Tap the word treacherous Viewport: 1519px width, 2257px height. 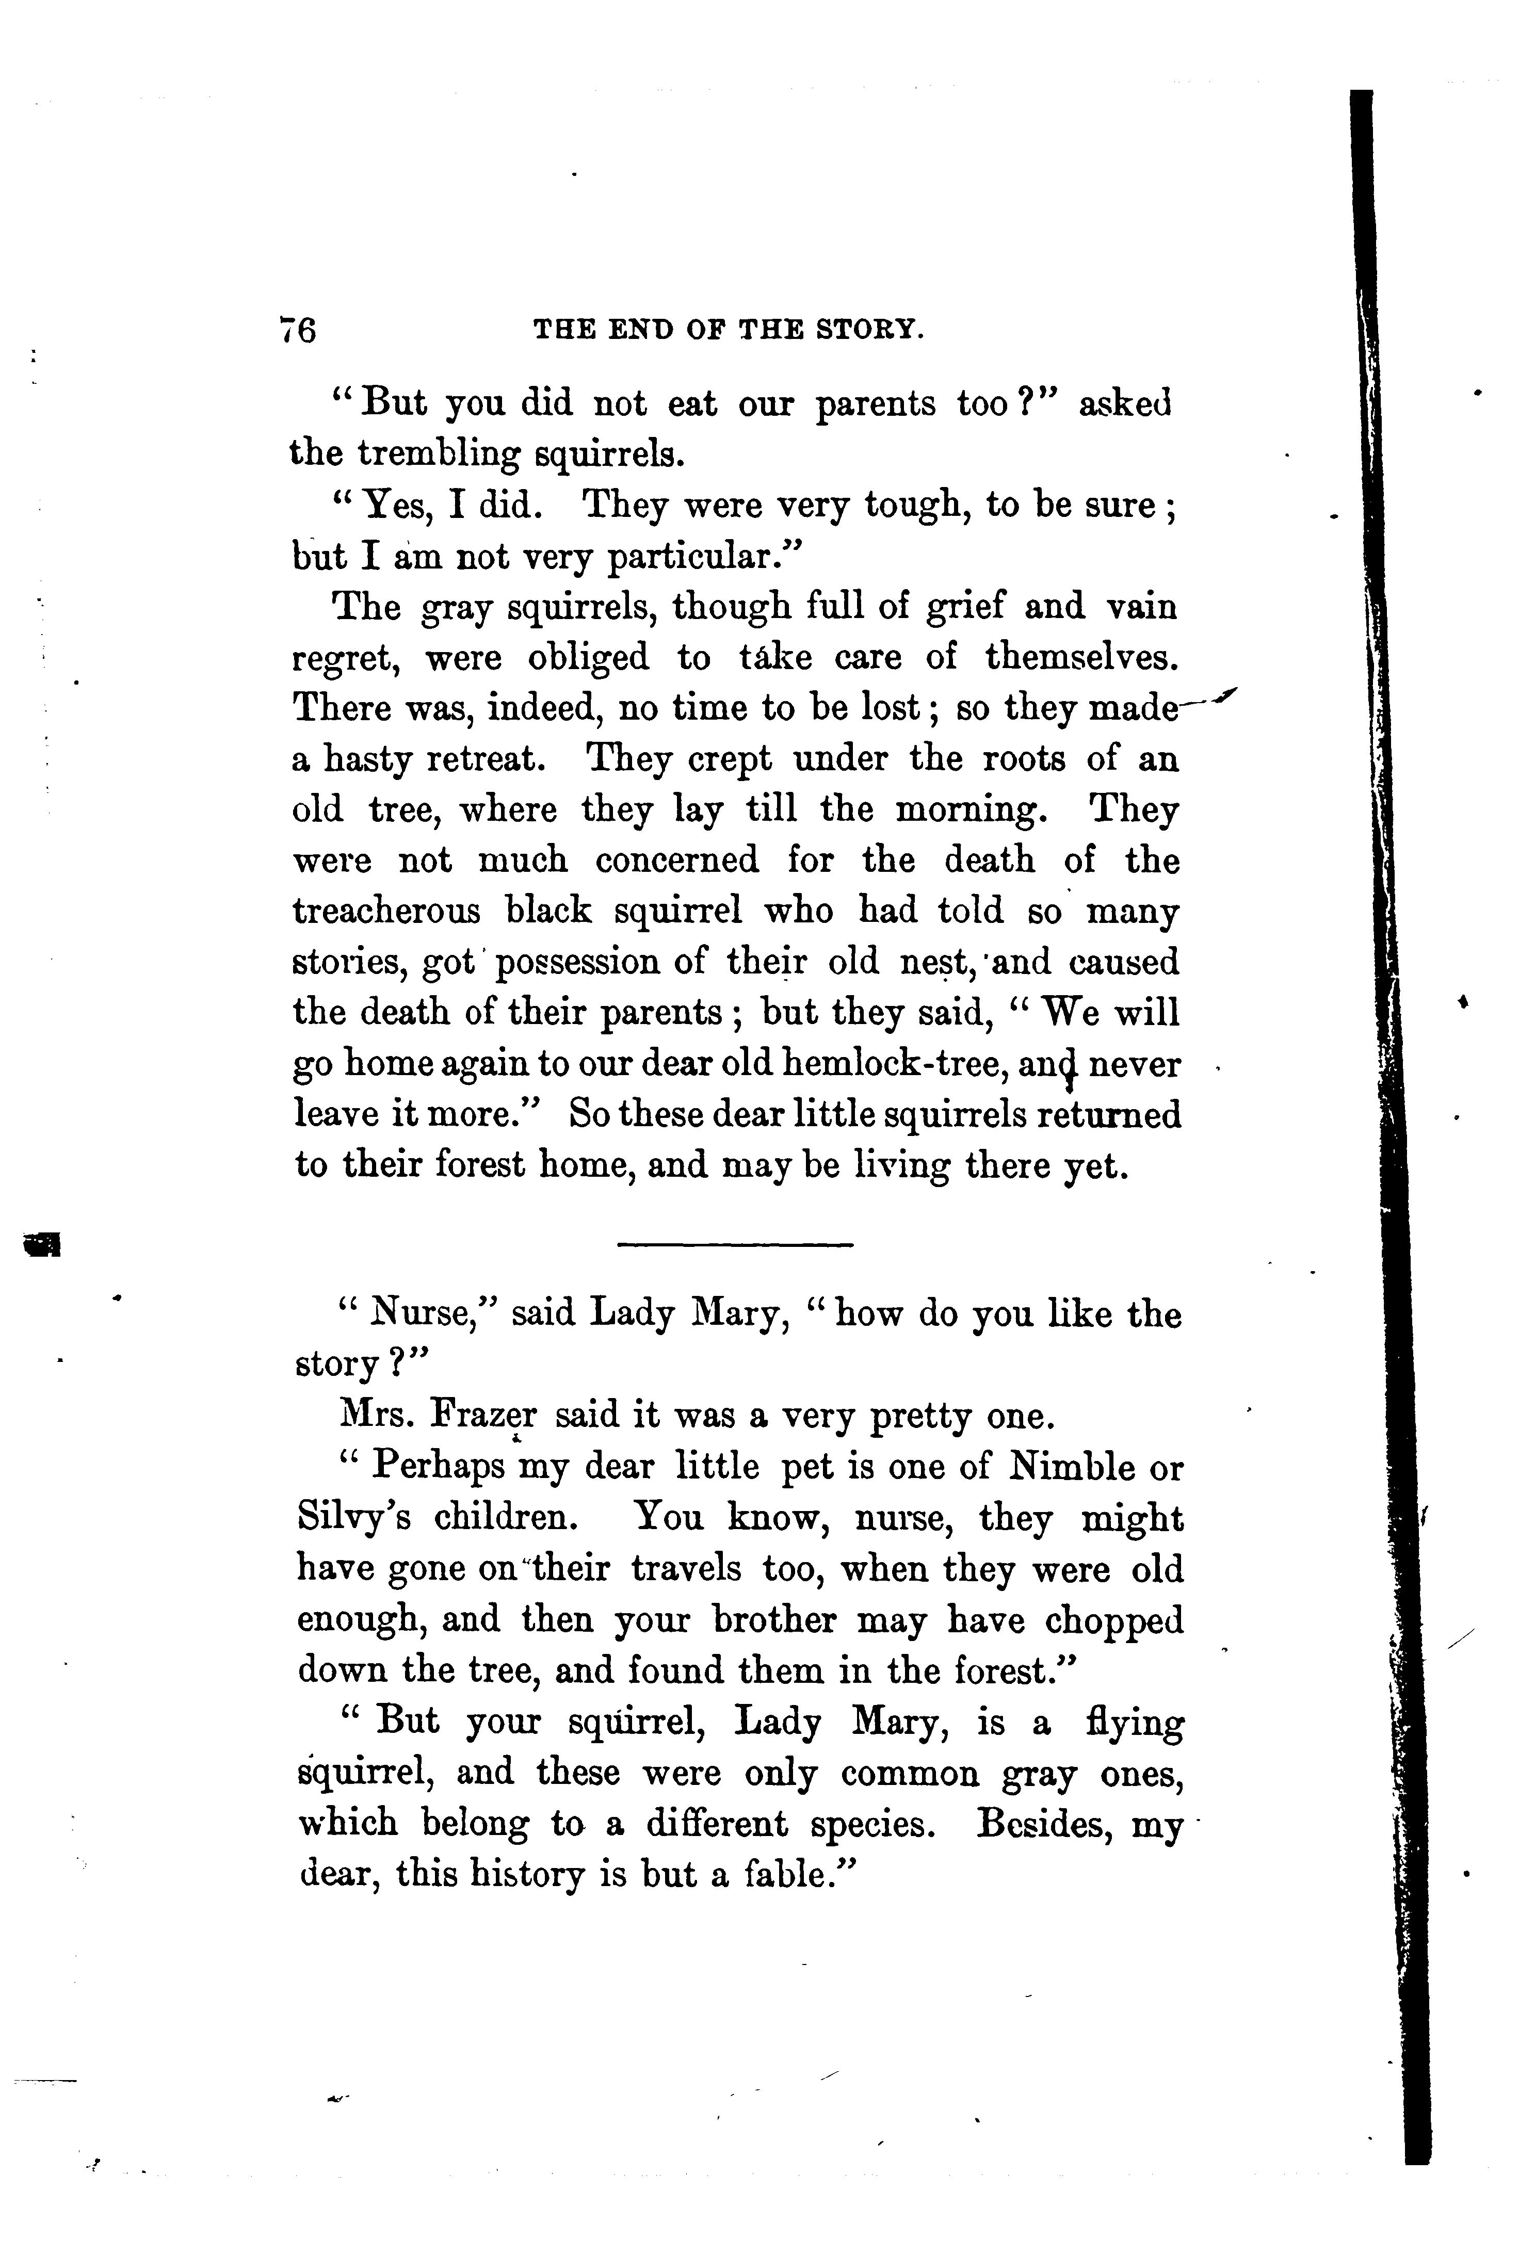click(385, 912)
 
